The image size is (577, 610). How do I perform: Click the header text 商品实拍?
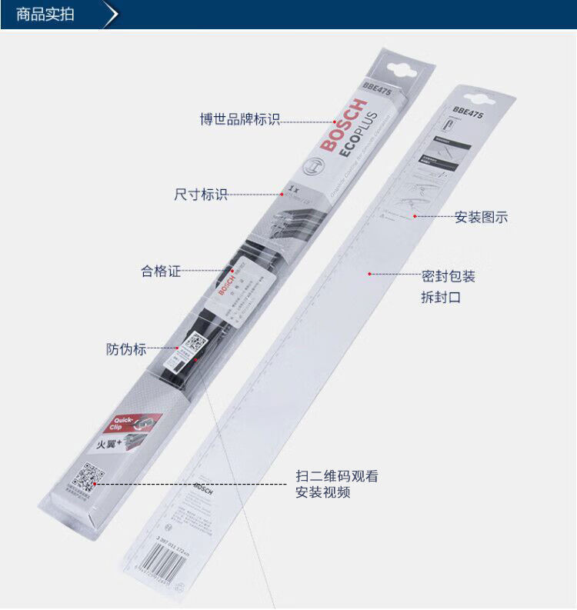click(45, 15)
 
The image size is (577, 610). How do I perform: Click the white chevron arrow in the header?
click(112, 15)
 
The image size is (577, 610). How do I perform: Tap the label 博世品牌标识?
click(239, 120)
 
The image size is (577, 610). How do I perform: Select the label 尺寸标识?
click(201, 195)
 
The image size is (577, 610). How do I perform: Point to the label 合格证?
click(161, 272)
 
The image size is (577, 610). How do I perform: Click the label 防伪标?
click(126, 349)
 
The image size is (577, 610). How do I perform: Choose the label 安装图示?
click(481, 217)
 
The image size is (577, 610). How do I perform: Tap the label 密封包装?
click(448, 276)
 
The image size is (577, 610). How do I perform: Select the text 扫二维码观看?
click(337, 476)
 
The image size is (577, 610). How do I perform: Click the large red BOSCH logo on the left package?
click(339, 127)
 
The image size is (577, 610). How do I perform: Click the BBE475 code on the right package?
click(468, 112)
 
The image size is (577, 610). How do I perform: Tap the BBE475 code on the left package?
click(378, 89)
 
